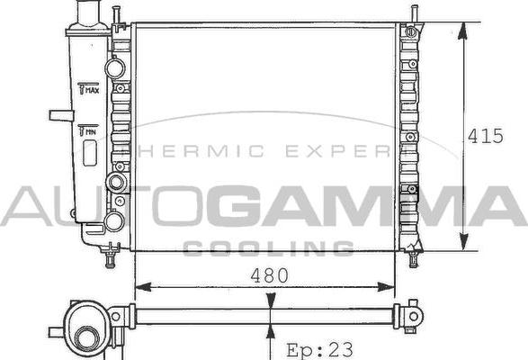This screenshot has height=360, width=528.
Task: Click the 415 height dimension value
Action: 486,136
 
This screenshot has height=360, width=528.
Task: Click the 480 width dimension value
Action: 269,275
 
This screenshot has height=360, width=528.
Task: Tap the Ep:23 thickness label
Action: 319,349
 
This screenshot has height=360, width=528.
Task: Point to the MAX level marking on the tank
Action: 88,88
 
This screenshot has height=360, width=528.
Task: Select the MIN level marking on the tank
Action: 87,130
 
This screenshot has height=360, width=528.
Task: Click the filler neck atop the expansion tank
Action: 88,13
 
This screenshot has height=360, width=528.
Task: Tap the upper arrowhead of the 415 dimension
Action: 463,31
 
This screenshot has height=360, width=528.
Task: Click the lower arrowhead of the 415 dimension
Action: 464,241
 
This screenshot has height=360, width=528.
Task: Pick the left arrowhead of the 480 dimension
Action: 143,287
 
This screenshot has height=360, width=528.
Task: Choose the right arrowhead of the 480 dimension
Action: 386,287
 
